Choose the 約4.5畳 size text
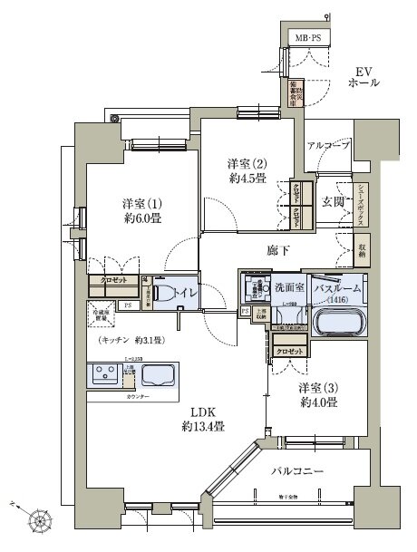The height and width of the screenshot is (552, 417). point(245,178)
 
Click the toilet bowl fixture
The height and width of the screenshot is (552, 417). point(164,294)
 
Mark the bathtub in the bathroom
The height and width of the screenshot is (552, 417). point(338,322)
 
